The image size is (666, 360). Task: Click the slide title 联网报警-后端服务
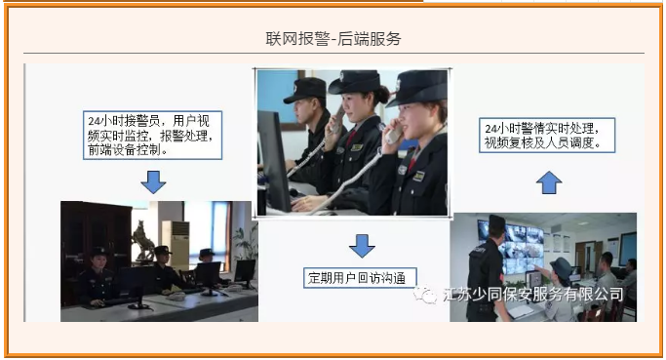(333, 39)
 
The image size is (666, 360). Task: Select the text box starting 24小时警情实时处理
(548, 136)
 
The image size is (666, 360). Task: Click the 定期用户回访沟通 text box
(362, 277)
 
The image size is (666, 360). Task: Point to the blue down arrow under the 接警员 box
(153, 181)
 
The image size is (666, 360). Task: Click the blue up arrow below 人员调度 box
(549, 181)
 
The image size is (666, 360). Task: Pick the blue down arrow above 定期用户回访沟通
(362, 245)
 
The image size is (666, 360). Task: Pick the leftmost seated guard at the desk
(98, 278)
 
